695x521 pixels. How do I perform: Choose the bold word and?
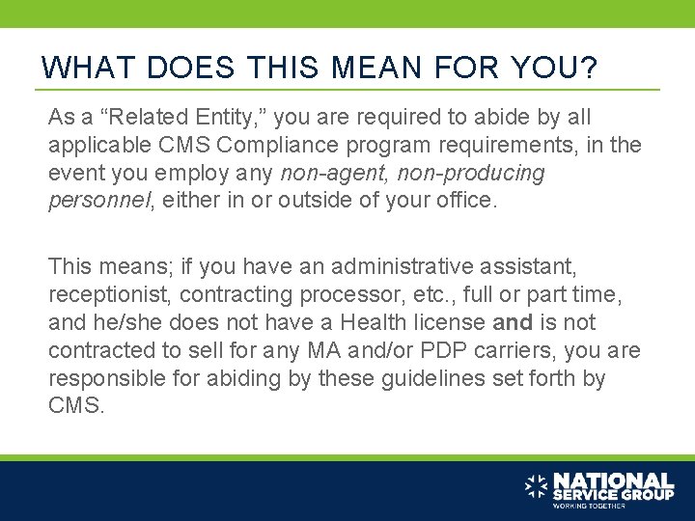click(512, 322)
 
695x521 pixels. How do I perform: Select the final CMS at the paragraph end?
click(74, 406)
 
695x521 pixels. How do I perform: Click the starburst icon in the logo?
click(537, 486)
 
